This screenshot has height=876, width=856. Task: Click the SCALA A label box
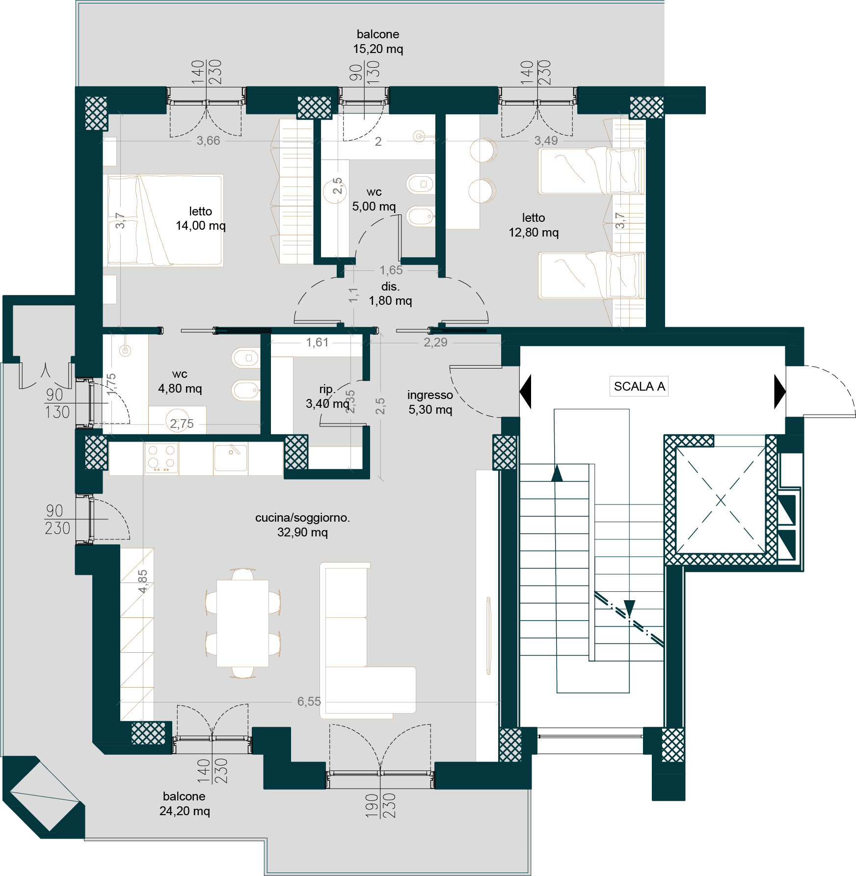pos(639,386)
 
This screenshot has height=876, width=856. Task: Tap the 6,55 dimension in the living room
pos(309,701)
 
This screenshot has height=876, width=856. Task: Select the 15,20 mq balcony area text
pos(378,49)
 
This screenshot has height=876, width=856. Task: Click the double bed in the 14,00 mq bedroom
pos(165,220)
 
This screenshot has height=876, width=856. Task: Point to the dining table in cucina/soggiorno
pos(243,623)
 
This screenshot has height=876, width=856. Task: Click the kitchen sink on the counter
pos(231,456)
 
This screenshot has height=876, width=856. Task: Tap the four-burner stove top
pos(161,458)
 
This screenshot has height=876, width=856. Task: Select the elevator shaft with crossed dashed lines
pos(721,500)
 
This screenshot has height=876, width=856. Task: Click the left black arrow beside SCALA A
pos(525,391)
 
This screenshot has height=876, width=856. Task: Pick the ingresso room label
pos(430,395)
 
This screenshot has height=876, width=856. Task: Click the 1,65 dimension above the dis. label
pos(391,270)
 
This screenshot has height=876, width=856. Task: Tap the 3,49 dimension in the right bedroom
pos(546,140)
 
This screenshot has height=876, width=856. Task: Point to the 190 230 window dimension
pos(380,805)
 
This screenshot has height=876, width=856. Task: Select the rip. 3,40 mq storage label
pos(327,397)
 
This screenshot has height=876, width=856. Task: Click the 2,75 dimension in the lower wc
pos(182,424)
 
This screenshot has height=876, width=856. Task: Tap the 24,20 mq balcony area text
pos(185,811)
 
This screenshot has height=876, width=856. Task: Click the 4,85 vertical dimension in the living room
pos(142,582)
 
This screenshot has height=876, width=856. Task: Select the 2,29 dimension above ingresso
pos(435,342)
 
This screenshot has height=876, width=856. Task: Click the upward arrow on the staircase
pos(557,473)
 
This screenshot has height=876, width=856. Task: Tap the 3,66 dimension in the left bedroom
pos(209,140)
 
